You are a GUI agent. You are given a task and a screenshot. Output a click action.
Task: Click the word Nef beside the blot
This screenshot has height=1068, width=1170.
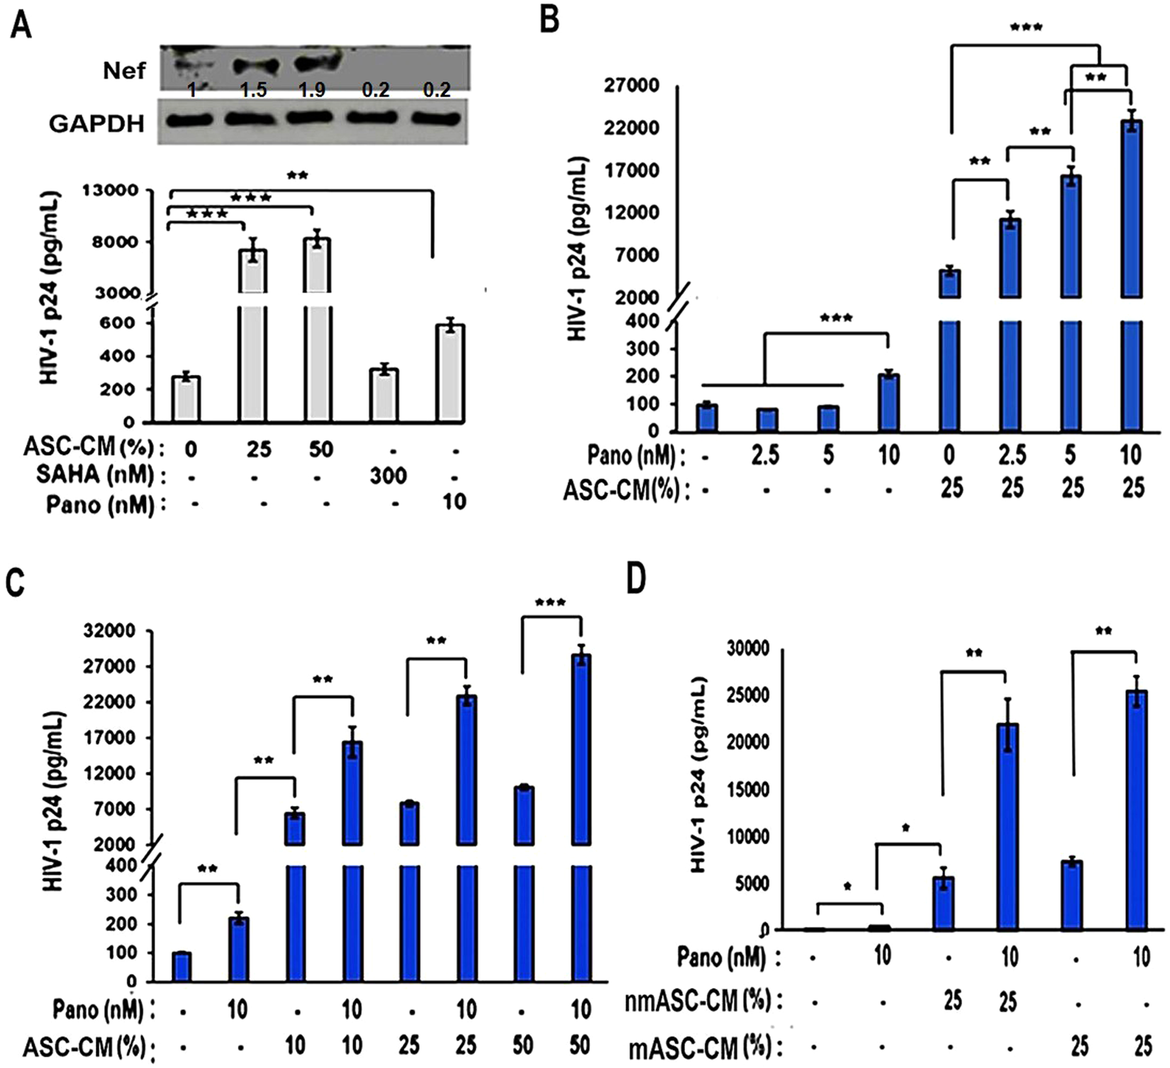pyautogui.click(x=123, y=70)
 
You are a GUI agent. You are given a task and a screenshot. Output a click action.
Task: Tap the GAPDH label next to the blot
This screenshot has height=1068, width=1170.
pyautogui.click(x=96, y=124)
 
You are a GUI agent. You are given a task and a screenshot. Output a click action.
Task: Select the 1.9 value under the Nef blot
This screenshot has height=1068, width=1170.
pyautogui.click(x=312, y=90)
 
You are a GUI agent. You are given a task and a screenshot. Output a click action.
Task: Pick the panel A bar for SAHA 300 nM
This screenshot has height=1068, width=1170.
pyautogui.click(x=384, y=394)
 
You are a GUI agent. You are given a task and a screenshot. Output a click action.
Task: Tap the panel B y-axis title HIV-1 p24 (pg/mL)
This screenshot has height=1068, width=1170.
pyautogui.click(x=579, y=248)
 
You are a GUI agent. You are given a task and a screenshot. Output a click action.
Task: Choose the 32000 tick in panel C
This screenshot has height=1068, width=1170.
pyautogui.click(x=110, y=631)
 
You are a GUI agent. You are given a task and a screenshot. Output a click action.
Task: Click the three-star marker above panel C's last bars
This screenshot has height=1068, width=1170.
pyautogui.click(x=551, y=603)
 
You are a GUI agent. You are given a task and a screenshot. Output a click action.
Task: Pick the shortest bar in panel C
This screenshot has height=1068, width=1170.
pyautogui.click(x=182, y=967)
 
